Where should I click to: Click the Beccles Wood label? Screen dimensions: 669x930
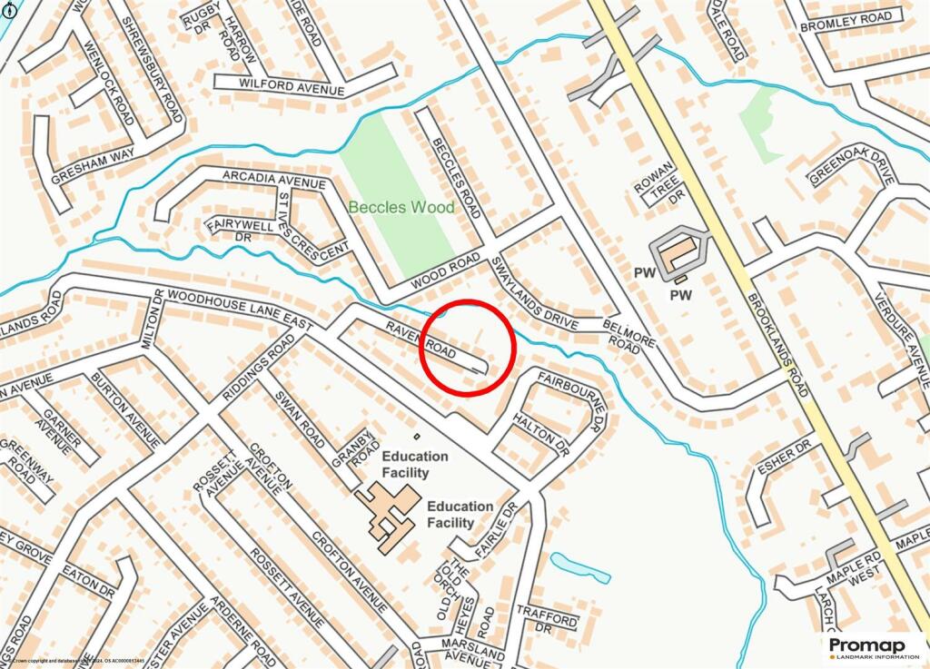[401, 208]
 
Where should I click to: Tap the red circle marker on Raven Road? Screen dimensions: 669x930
[469, 347]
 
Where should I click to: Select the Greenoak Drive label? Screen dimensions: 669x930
[851, 166]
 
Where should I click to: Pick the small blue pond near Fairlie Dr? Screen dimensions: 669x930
[581, 567]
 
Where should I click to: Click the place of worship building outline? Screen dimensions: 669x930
[679, 251]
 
